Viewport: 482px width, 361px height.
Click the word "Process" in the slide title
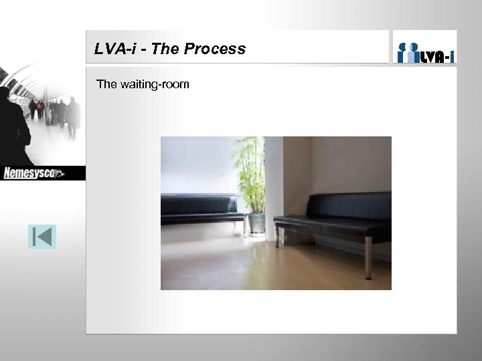218,49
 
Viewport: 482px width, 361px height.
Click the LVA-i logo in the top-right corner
425,49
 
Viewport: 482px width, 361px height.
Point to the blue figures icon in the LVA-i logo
408,52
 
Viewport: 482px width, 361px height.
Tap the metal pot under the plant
256,223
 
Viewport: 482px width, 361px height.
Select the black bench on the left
201,209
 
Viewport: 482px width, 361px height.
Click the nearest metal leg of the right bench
368,257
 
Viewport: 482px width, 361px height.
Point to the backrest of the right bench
348,206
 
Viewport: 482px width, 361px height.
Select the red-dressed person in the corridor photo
40,109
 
